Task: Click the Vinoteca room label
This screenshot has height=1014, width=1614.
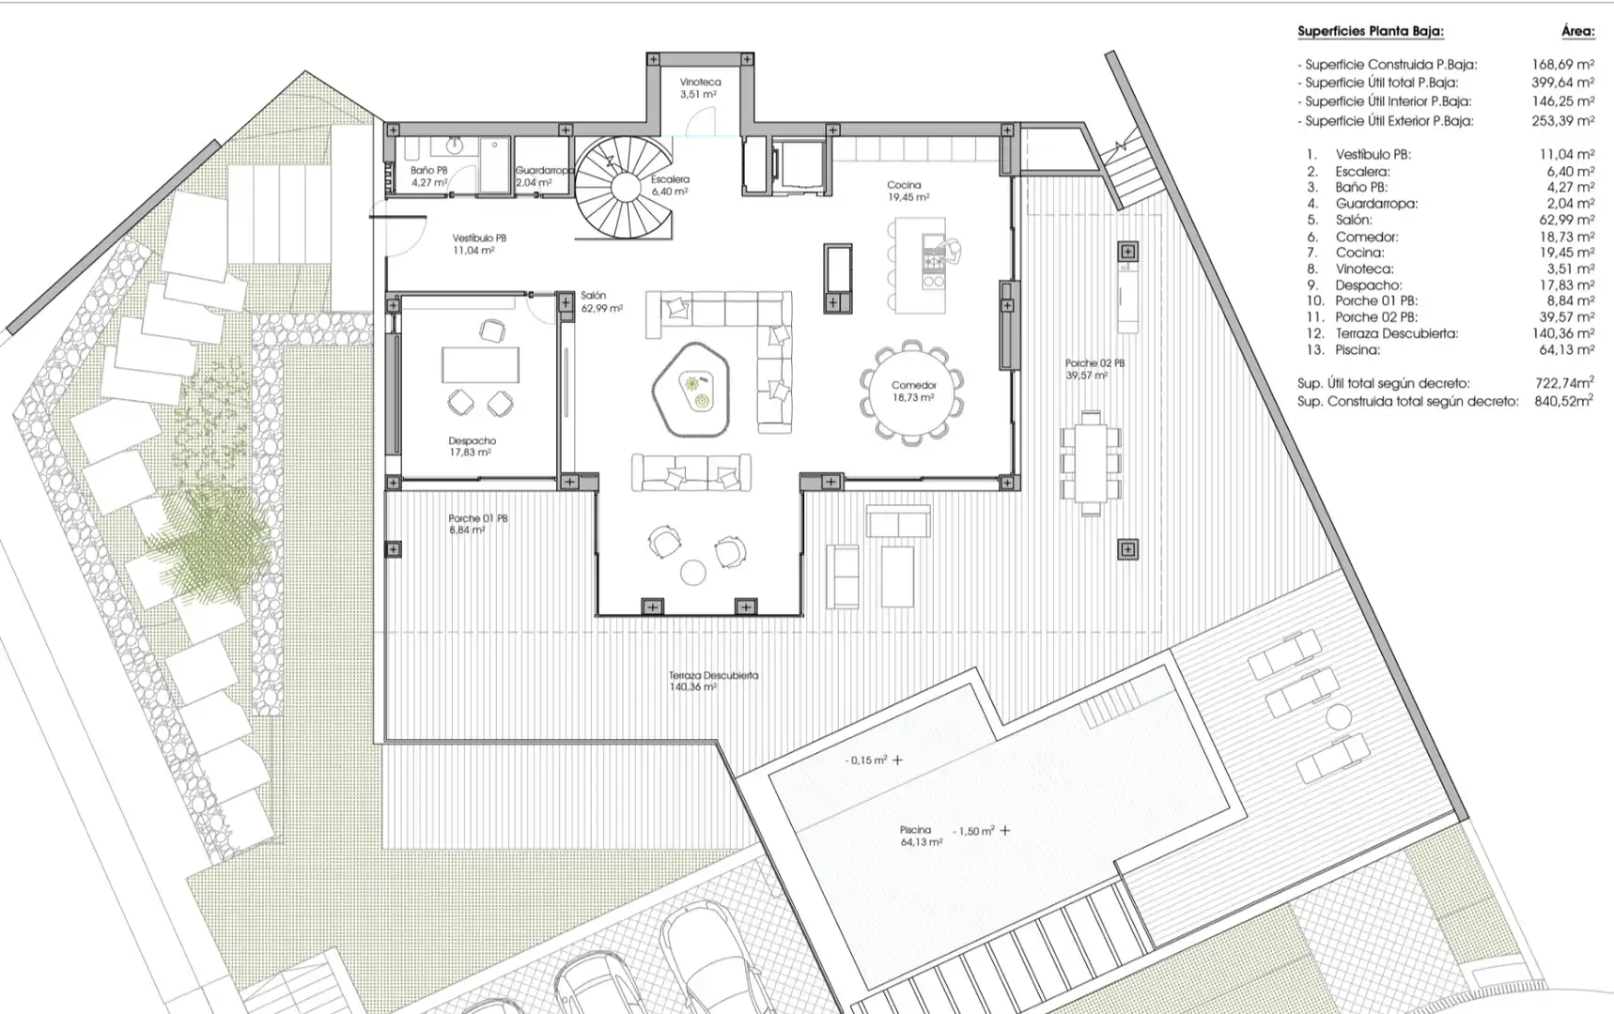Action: coord(700,88)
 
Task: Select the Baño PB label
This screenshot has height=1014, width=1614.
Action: coord(428,177)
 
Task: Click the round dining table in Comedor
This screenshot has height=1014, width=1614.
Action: coord(911,390)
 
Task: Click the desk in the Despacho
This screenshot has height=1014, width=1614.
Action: coord(480,364)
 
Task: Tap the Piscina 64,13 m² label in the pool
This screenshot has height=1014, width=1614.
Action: coord(921,836)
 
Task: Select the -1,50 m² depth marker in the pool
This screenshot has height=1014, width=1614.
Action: coord(973,831)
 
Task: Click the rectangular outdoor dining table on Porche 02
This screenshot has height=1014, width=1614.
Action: coord(1091,463)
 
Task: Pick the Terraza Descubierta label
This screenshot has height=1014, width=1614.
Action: coord(713,681)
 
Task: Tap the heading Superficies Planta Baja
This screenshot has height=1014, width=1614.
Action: coord(1370,32)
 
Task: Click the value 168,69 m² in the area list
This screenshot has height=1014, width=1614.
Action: coord(1562,65)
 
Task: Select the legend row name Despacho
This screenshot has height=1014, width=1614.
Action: coord(1368,284)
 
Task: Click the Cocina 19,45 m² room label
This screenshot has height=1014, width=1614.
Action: coord(907,192)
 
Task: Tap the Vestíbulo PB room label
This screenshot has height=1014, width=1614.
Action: coord(479,244)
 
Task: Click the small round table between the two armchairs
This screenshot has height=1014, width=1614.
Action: coord(693,572)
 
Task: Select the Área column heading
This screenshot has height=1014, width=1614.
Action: coord(1577,32)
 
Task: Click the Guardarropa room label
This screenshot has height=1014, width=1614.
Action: coord(544,177)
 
